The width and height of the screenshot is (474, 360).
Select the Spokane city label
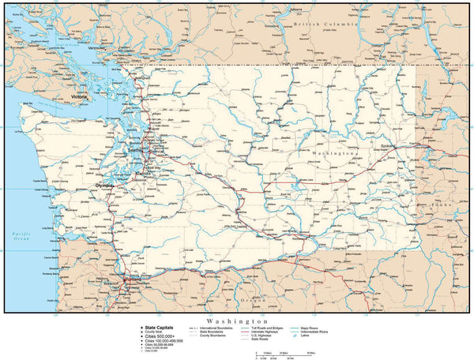[387, 147]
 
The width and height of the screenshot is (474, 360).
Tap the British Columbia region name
[325, 24]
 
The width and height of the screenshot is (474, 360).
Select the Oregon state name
[254, 300]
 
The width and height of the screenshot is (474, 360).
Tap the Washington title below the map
[236, 322]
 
